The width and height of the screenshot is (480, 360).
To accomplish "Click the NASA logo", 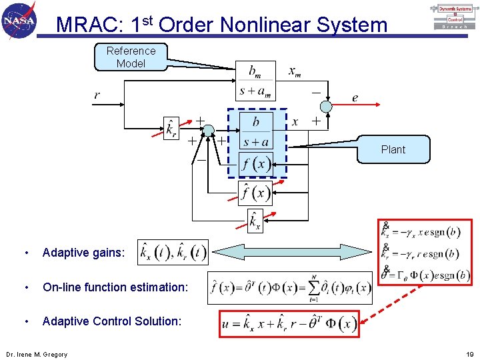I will tap(19, 20).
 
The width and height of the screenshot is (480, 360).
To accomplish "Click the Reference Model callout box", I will tap(131, 57).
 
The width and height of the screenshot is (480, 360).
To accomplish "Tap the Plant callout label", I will tap(393, 149).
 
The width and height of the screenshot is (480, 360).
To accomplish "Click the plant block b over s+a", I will tap(256, 132).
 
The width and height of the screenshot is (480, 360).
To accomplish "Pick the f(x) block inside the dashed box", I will tap(256, 164).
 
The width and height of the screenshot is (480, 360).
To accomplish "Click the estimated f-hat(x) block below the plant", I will tap(255, 193).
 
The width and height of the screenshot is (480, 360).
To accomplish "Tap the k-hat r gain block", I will tap(171, 128).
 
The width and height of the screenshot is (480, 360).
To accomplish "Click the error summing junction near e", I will tap(325, 107).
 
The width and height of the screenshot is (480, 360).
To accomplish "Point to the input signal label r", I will tap(97, 95).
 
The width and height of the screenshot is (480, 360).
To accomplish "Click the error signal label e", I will tap(355, 98).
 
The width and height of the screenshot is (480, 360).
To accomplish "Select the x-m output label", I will tap(294, 71).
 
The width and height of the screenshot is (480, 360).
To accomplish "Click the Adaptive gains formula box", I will tap(173, 253).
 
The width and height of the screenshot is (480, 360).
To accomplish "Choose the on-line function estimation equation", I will tap(290, 287).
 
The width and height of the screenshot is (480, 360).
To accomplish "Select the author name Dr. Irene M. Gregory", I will tap(37, 354).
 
